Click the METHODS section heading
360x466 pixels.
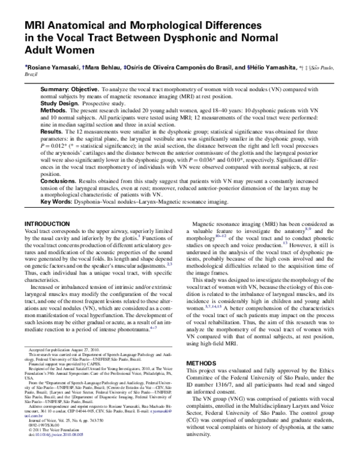point(202,347)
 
